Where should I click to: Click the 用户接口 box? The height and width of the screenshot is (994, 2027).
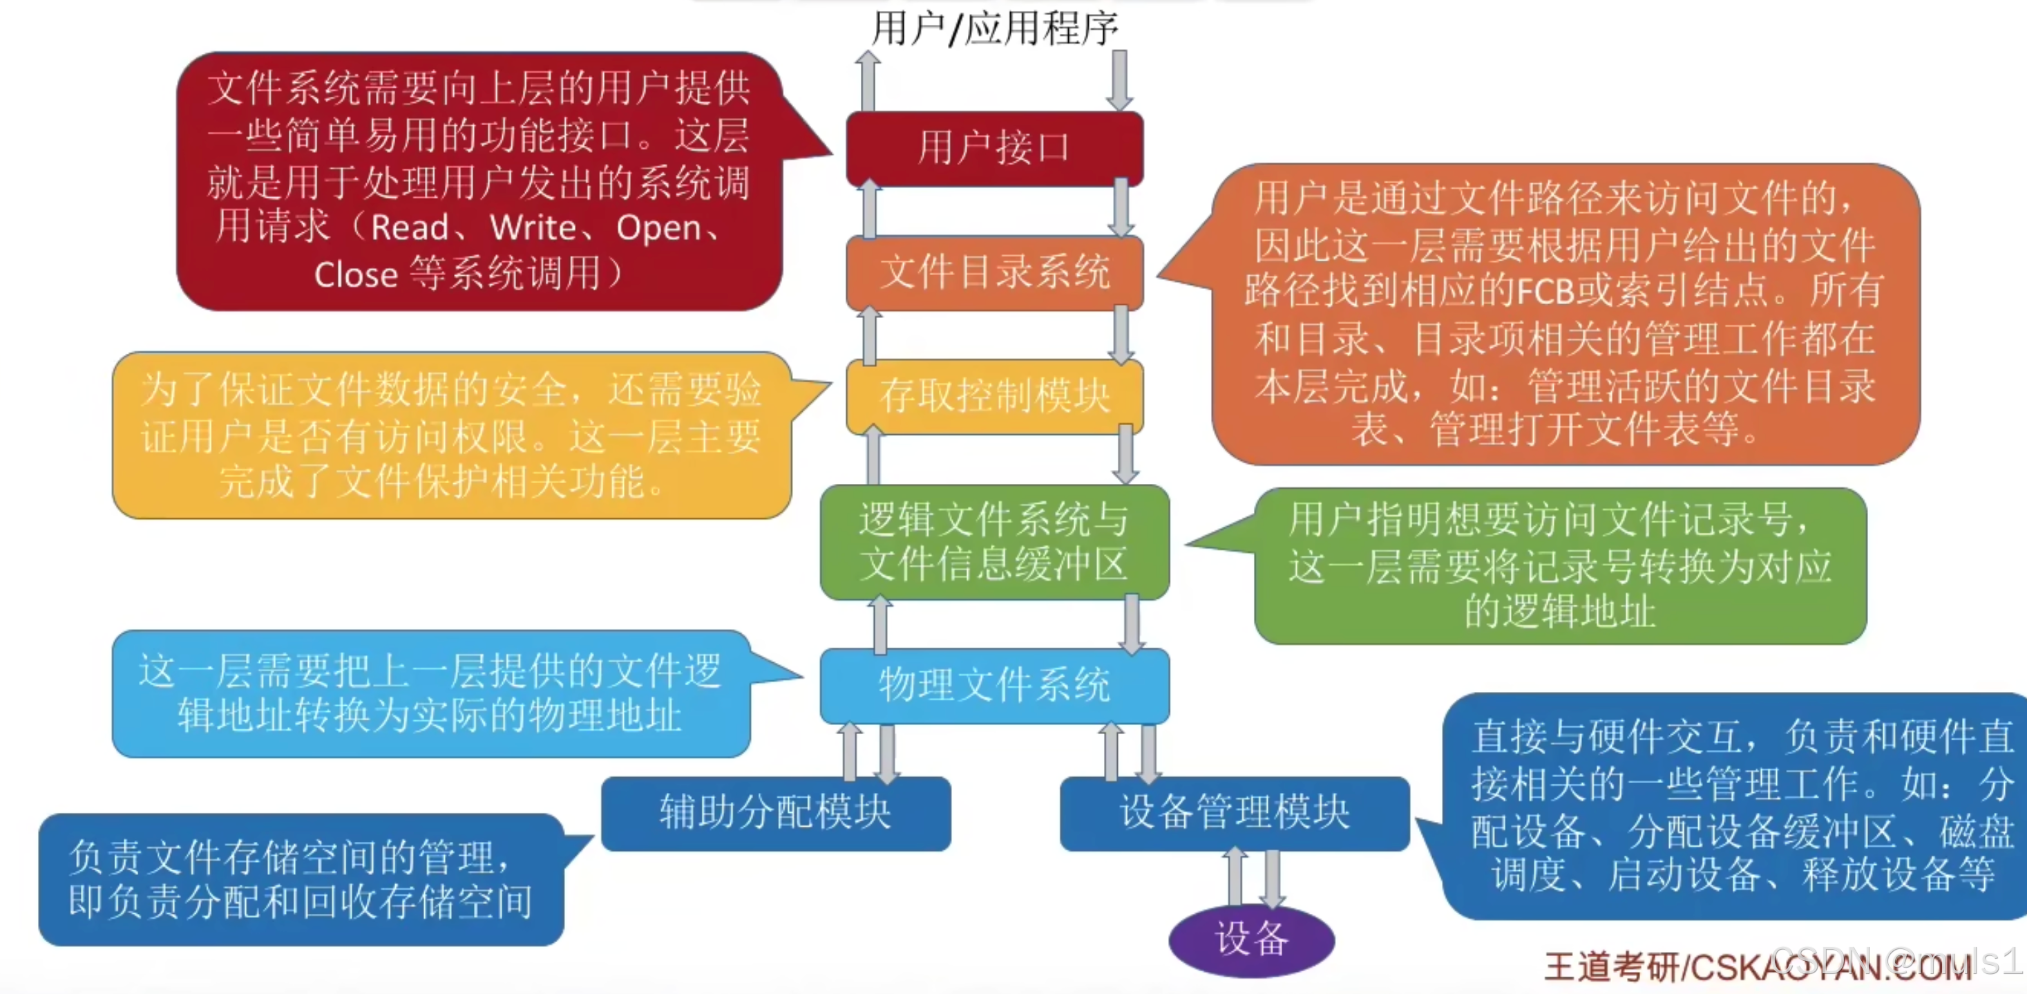(995, 148)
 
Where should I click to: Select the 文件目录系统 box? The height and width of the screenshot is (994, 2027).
(995, 272)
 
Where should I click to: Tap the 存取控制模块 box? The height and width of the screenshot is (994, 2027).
(995, 396)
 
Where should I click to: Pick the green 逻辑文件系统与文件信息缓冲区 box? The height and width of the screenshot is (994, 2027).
(995, 542)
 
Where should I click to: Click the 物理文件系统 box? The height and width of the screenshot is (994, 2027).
(995, 686)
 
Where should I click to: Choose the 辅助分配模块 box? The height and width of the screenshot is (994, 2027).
(776, 813)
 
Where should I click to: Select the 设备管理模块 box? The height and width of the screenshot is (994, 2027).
(1235, 813)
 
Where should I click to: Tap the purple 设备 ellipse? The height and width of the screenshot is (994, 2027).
(1251, 939)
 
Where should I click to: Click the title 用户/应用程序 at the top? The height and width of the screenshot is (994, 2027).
(995, 28)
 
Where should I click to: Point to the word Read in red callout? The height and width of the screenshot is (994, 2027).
(409, 228)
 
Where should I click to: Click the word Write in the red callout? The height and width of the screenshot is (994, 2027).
(533, 228)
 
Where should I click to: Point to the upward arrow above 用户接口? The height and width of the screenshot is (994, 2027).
(868, 81)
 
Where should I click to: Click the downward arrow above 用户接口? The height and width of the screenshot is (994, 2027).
(1119, 81)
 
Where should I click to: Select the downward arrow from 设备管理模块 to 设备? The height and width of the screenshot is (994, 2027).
(1273, 879)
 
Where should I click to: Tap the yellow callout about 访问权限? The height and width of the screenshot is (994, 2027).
(452, 435)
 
